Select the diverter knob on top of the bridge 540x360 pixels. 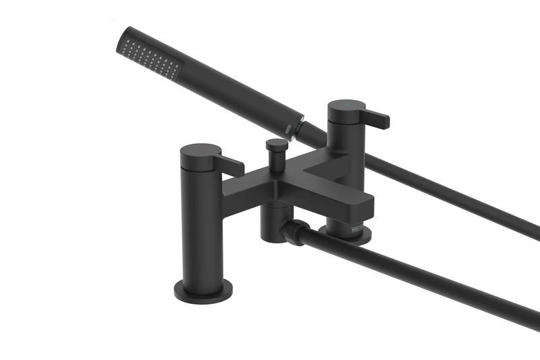click(275, 147)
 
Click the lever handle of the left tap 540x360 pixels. click(230, 164)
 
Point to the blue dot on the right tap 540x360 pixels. click(348, 107)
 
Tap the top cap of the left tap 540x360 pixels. click(200, 150)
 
